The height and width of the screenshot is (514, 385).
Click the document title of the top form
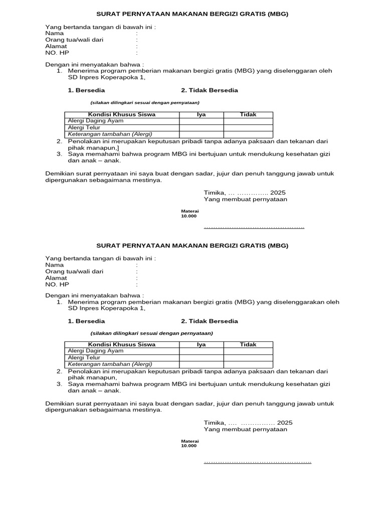click(192, 14)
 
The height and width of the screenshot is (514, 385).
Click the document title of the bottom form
click(192, 245)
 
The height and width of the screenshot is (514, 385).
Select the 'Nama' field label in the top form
click(55, 33)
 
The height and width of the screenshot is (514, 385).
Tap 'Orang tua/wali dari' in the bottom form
click(74, 271)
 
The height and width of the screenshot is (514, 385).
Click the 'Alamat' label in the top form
click(56, 46)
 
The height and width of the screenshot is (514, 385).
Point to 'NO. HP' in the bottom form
click(57, 284)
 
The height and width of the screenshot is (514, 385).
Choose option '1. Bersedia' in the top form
click(86, 90)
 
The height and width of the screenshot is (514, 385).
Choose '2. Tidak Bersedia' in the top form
click(210, 90)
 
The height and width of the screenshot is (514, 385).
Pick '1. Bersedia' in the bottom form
click(86, 321)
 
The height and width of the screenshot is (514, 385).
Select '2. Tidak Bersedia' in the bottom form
click(210, 321)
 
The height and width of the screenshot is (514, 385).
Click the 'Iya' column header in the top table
click(202, 114)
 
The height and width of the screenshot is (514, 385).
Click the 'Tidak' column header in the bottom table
click(248, 345)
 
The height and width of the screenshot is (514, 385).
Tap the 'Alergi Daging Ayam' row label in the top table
click(95, 121)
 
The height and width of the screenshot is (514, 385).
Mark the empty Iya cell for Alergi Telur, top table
click(202, 127)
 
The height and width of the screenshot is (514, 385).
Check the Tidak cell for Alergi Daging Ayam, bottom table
click(248, 351)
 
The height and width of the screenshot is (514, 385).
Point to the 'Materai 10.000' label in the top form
click(189, 213)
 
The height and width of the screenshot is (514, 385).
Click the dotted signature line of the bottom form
click(257, 461)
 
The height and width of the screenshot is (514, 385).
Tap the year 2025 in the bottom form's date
click(285, 423)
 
